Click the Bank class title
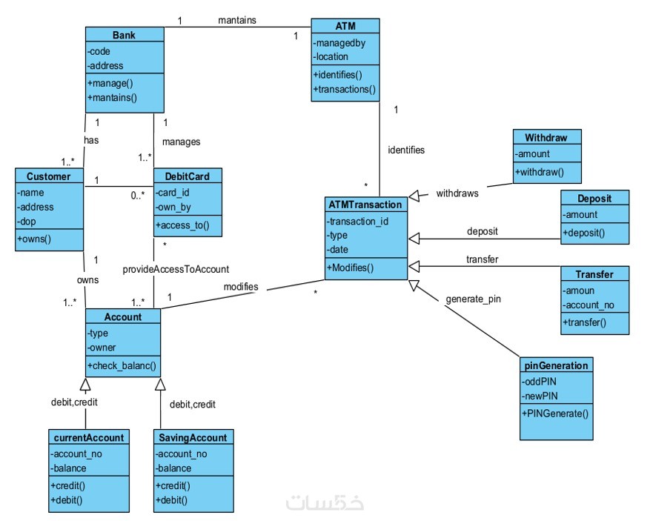[x=124, y=36]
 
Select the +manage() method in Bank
[x=110, y=83]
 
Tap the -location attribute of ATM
[x=331, y=57]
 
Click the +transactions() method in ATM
[x=345, y=89]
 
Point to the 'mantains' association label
[x=237, y=20]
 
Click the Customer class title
[x=48, y=176]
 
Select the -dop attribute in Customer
[x=26, y=222]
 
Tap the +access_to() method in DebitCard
[x=182, y=225]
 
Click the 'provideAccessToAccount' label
[x=176, y=270]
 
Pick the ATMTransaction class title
[x=365, y=205]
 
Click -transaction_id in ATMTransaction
[x=357, y=222]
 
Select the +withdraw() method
[x=540, y=172]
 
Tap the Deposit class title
[x=594, y=199]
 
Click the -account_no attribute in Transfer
[x=588, y=305]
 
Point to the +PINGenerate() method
[x=555, y=414]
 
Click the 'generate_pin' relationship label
[x=474, y=299]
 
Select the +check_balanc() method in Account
[x=122, y=365]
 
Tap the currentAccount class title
[x=89, y=438]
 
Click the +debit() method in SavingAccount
[x=171, y=500]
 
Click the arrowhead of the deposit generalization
[x=414, y=239]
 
